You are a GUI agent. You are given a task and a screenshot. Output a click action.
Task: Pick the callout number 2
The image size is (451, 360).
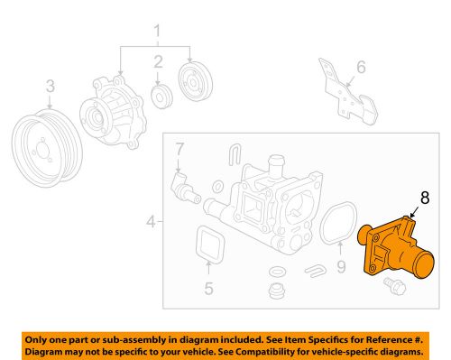[157, 62]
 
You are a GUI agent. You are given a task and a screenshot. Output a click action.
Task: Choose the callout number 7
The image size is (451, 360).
[179, 148]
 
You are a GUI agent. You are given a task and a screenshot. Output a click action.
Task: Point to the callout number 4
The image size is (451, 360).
[150, 219]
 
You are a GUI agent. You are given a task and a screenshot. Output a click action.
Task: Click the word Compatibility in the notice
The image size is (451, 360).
[306, 349]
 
